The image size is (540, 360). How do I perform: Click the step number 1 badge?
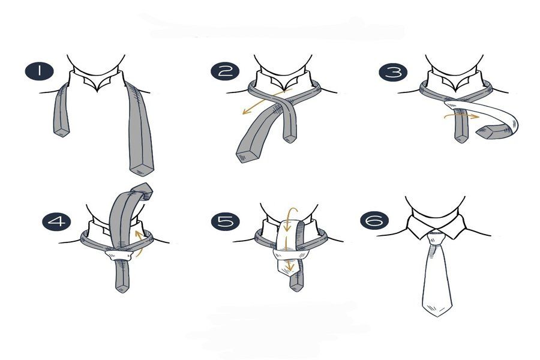39,71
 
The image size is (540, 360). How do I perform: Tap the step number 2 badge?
225,71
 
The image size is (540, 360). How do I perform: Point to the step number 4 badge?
56,221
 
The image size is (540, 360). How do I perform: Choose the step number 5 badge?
225,221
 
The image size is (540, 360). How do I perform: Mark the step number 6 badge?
374,220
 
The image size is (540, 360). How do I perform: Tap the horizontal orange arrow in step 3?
461,116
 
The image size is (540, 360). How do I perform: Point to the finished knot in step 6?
436,239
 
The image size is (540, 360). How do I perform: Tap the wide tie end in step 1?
141,169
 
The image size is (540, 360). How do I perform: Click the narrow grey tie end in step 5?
296,284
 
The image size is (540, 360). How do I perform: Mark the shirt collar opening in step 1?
97,83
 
